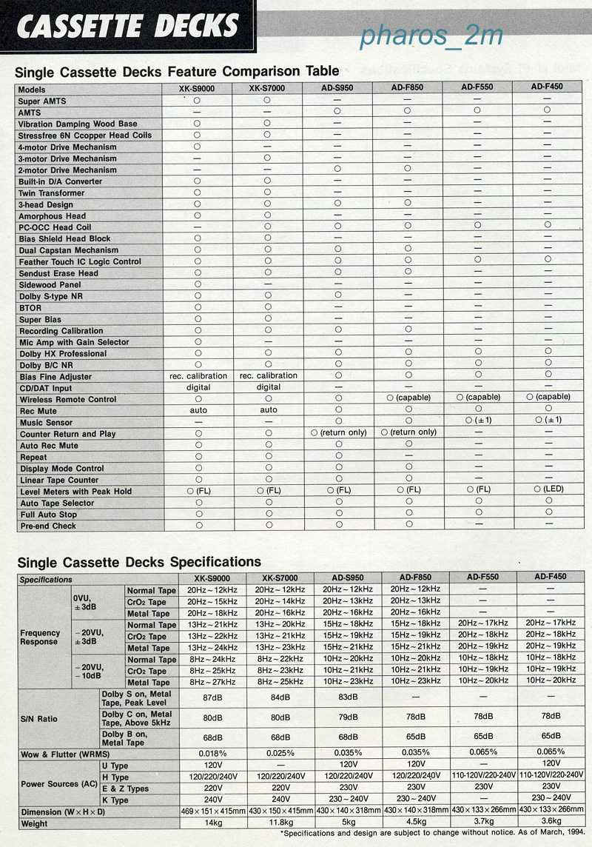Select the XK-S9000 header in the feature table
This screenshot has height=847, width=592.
coord(198,87)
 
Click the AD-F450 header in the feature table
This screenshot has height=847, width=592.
coord(547,87)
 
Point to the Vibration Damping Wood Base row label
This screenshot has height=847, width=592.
coord(78,124)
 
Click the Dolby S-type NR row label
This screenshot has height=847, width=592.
coord(51,296)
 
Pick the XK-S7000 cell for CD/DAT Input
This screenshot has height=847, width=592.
coord(268,387)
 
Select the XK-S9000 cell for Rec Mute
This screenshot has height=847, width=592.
coord(198,409)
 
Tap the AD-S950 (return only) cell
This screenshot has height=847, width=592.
coord(339,432)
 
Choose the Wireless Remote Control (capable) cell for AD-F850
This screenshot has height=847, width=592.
coord(408,398)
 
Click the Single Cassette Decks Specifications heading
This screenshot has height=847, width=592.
coord(138,563)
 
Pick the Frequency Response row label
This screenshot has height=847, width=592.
coord(41,637)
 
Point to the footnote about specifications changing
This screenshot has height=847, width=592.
coord(432,834)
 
